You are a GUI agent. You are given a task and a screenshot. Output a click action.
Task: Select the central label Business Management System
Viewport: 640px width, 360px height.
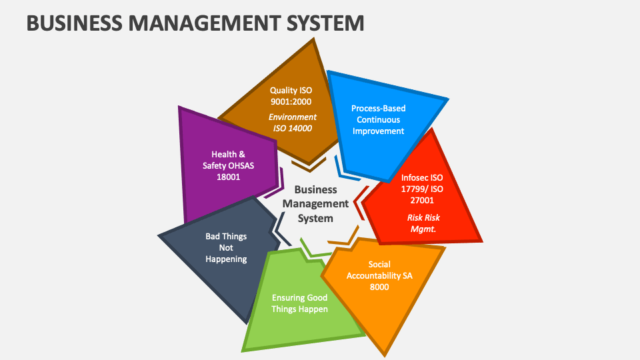pos(315,203)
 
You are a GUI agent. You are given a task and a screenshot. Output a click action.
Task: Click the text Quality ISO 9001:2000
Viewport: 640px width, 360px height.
pos(291,96)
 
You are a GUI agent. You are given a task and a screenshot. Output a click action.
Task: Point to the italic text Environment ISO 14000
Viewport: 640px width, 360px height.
pos(292,123)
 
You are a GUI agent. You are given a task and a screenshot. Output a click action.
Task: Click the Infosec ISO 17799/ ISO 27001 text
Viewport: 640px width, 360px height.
pos(422,189)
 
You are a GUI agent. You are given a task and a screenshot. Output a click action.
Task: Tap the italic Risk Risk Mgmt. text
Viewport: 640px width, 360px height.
pos(423,223)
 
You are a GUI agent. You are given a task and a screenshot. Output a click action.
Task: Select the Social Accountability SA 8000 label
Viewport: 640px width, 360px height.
pos(379,275)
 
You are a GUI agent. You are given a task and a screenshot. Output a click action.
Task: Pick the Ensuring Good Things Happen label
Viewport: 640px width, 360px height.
pos(299,303)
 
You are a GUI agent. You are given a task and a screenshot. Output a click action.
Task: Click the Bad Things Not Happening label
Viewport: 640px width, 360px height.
pos(226,247)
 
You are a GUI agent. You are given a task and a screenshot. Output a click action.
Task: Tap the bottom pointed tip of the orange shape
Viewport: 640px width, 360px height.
pos(385,352)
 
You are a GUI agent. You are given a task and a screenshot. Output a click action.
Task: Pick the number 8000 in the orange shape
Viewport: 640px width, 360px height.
pos(379,287)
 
